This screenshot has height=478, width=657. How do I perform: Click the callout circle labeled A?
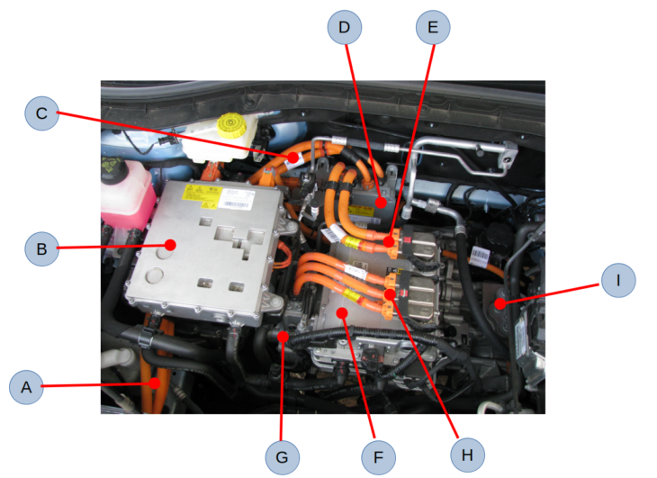[x=27, y=388]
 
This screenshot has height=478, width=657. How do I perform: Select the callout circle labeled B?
[x=40, y=248]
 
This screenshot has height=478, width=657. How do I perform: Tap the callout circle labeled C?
[x=40, y=113]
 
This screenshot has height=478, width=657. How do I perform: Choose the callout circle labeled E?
[x=433, y=27]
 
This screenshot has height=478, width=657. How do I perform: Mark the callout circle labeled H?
[x=466, y=454]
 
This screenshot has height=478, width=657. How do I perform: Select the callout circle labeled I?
[x=617, y=280]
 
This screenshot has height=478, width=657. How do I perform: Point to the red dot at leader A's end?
[x=156, y=384]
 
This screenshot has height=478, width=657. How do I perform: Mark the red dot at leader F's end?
[x=342, y=312]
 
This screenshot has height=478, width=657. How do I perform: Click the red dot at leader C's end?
[x=293, y=158]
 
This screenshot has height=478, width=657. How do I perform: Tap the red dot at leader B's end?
[x=169, y=244]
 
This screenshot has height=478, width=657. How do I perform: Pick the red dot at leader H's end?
[x=390, y=294]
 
